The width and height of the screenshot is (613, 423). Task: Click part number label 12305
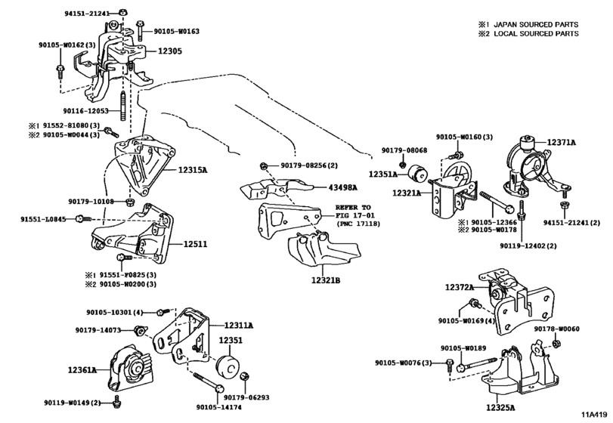click(169, 51)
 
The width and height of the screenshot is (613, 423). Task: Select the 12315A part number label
click(193, 170)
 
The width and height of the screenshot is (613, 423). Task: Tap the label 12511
click(196, 245)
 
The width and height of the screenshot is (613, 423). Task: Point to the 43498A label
click(343, 187)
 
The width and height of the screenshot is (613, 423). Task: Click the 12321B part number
click(326, 280)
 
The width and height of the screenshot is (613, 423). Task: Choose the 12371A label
click(561, 143)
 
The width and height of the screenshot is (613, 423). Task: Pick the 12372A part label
click(460, 288)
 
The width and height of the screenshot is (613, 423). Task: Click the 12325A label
click(500, 408)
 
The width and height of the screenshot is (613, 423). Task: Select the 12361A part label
click(82, 369)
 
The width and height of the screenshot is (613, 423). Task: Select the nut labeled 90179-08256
click(263, 166)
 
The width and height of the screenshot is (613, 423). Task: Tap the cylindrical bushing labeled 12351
click(228, 367)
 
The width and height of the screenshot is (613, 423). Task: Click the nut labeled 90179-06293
click(245, 376)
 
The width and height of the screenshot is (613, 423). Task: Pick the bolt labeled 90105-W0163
click(140, 30)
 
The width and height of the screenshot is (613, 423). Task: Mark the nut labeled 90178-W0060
click(555, 344)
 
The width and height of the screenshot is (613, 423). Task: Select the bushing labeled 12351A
click(418, 174)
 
